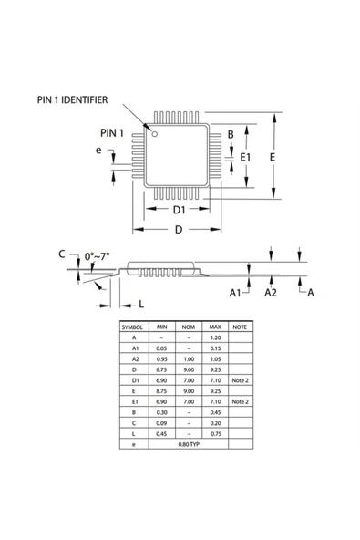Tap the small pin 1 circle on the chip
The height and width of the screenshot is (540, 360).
pyautogui.click(x=156, y=134)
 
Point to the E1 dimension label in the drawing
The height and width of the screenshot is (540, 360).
pyautogui.click(x=245, y=158)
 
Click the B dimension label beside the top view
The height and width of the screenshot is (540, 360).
pyautogui.click(x=231, y=135)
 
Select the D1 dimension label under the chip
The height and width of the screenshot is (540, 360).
pyautogui.click(x=180, y=210)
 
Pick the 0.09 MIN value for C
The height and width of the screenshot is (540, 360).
pyautogui.click(x=161, y=421)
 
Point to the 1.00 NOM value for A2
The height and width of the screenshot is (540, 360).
pyautogui.click(x=188, y=358)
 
